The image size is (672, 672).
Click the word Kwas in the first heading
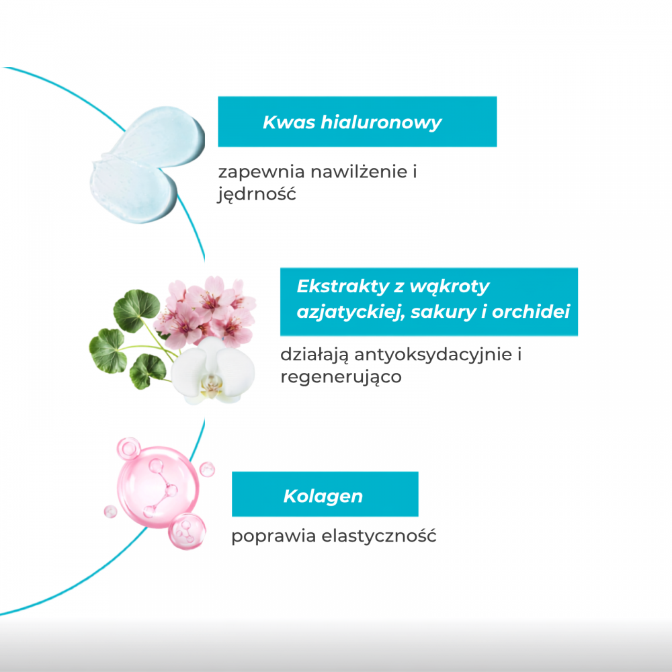[x=289, y=122]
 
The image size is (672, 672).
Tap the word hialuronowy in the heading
[x=381, y=122]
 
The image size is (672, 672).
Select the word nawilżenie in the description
[x=359, y=171]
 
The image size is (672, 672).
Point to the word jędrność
[x=257, y=194]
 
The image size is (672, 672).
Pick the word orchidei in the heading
[x=531, y=312]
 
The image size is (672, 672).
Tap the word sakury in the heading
[x=443, y=312]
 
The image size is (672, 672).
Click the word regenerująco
[x=341, y=378]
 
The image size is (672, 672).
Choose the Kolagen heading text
[x=323, y=497]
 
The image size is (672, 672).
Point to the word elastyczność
[x=379, y=536]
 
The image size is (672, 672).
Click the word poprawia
[x=274, y=536]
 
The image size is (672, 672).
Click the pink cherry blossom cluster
[x=206, y=310]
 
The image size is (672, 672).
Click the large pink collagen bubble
[x=158, y=487]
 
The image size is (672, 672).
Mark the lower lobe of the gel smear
[x=133, y=191]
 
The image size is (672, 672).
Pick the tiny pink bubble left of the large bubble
[x=111, y=511]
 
